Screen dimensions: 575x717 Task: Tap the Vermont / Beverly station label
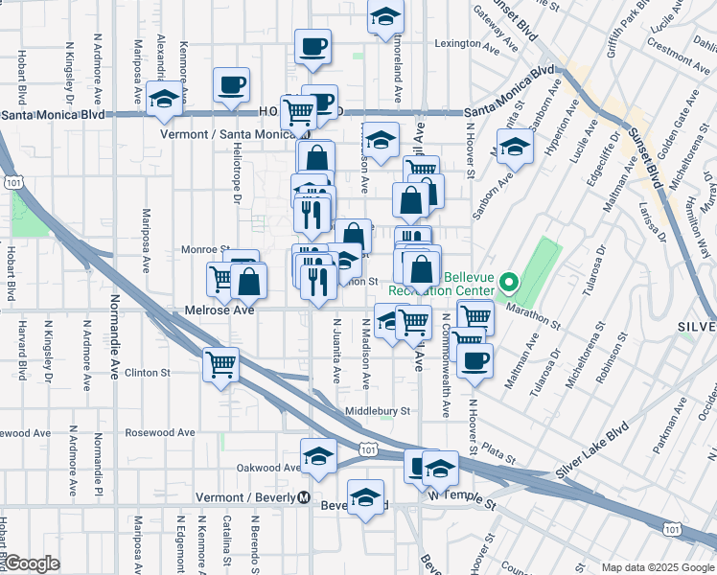tap(245, 497)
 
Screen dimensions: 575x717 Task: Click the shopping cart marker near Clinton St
tap(221, 364)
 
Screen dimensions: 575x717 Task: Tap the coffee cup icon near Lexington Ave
tap(314, 47)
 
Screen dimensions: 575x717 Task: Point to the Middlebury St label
tap(378, 410)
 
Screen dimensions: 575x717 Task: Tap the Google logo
tap(32, 563)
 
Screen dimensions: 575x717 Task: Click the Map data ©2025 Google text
tap(657, 567)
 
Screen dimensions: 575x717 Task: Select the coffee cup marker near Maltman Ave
tap(474, 360)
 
